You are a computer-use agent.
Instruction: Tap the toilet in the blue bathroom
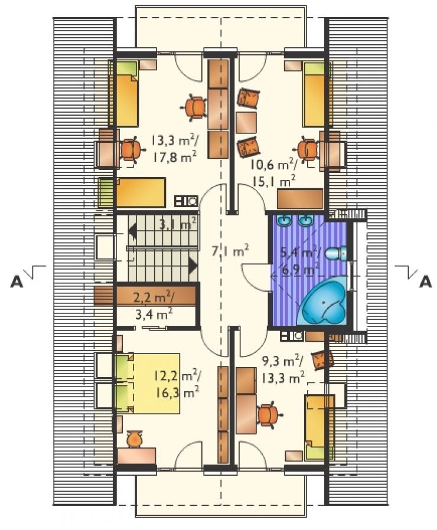tap(337, 253)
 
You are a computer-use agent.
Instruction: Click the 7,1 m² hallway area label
tap(230, 251)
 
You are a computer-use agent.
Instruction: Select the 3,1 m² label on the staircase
tap(178, 223)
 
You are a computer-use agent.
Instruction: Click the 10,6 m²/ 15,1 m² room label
tap(273, 173)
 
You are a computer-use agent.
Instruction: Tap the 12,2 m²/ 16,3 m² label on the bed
tap(178, 384)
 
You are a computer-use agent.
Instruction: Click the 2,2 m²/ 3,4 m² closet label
tap(154, 306)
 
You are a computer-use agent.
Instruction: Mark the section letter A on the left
tap(17, 281)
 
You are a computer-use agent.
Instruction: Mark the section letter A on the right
tap(425, 281)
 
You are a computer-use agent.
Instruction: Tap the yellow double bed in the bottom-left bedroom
tap(148, 383)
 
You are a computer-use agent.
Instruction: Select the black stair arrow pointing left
tap(133, 232)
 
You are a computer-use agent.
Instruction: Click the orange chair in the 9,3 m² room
tap(269, 415)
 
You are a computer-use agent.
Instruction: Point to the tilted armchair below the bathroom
tap(322, 361)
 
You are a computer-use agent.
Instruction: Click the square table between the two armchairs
tap(246, 122)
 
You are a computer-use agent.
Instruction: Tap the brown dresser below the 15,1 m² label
tap(300, 199)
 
